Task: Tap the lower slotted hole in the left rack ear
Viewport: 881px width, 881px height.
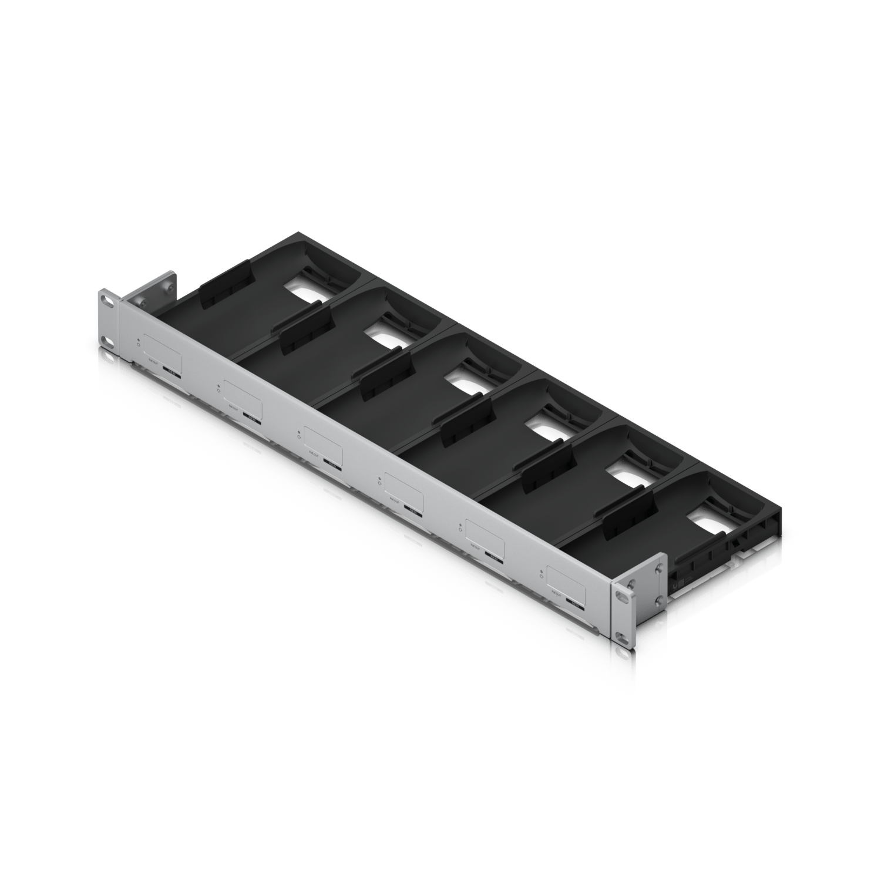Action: point(107,341)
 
